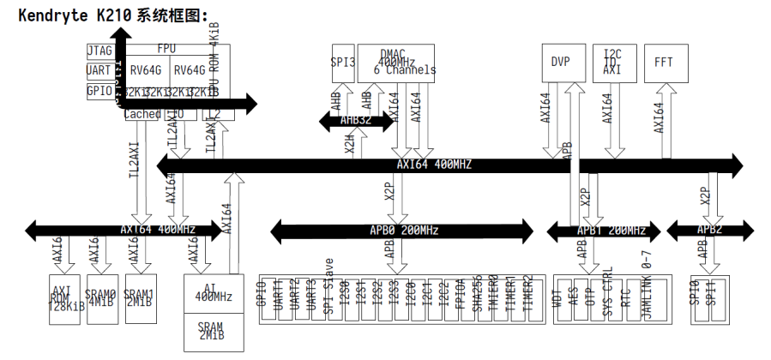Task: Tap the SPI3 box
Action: (343, 62)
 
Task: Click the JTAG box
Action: (99, 51)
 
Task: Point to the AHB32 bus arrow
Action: (356, 121)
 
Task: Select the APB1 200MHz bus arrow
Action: (599, 230)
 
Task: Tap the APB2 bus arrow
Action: (708, 230)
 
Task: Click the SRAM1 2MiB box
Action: (139, 297)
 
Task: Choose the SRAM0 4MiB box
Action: (100, 297)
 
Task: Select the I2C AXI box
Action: (612, 62)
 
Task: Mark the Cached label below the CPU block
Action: (142, 113)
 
